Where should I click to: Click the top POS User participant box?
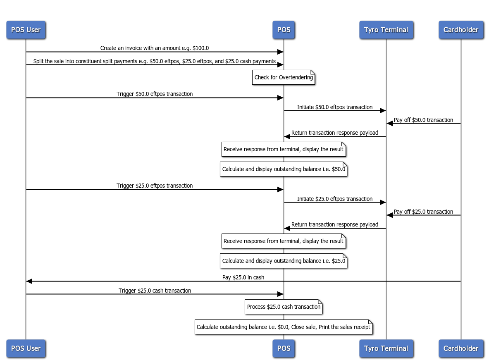(x=26, y=30)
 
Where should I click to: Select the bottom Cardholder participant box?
(x=460, y=348)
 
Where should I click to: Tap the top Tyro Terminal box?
(x=386, y=30)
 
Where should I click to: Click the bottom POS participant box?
(x=284, y=348)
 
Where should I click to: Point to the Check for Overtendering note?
(x=284, y=78)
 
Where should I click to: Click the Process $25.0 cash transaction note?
(x=284, y=307)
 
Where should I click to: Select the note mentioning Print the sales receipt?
(x=284, y=327)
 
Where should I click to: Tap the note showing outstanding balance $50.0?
(x=284, y=169)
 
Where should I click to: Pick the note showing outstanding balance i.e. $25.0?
(x=284, y=261)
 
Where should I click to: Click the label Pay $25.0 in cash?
(x=243, y=277)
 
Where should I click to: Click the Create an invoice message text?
(x=155, y=48)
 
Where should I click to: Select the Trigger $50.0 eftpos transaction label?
(x=155, y=94)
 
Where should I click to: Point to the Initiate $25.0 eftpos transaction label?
(x=334, y=199)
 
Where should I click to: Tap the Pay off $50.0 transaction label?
(x=423, y=120)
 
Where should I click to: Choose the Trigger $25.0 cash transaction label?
(x=155, y=291)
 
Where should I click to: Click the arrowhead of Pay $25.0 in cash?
(x=29, y=281)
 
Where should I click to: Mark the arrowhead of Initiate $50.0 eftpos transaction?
(x=383, y=111)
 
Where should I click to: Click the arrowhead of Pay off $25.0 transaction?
(x=389, y=215)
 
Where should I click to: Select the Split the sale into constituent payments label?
(x=155, y=61)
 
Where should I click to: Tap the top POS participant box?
(x=284, y=30)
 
